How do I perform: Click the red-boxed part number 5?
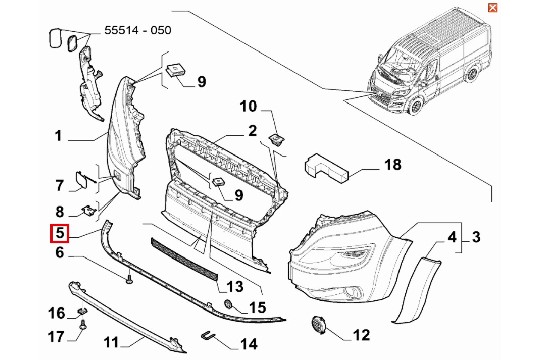[60, 233]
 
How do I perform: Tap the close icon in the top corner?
[492, 8]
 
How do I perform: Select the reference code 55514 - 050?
[138, 30]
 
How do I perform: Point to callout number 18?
[393, 165]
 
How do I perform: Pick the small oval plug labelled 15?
[229, 304]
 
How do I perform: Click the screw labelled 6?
[130, 278]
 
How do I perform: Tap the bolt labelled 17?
[83, 325]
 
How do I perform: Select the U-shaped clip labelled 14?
[207, 335]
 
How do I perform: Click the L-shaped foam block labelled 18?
[325, 169]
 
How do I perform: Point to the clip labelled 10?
[276, 139]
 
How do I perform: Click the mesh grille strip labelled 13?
[184, 257]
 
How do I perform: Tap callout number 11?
[111, 342]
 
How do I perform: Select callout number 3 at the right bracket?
[476, 237]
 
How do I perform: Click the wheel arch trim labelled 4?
[415, 289]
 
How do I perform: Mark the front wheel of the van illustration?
[416, 105]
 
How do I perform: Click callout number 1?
[58, 136]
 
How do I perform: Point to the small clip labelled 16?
[82, 311]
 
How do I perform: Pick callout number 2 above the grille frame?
[252, 131]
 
